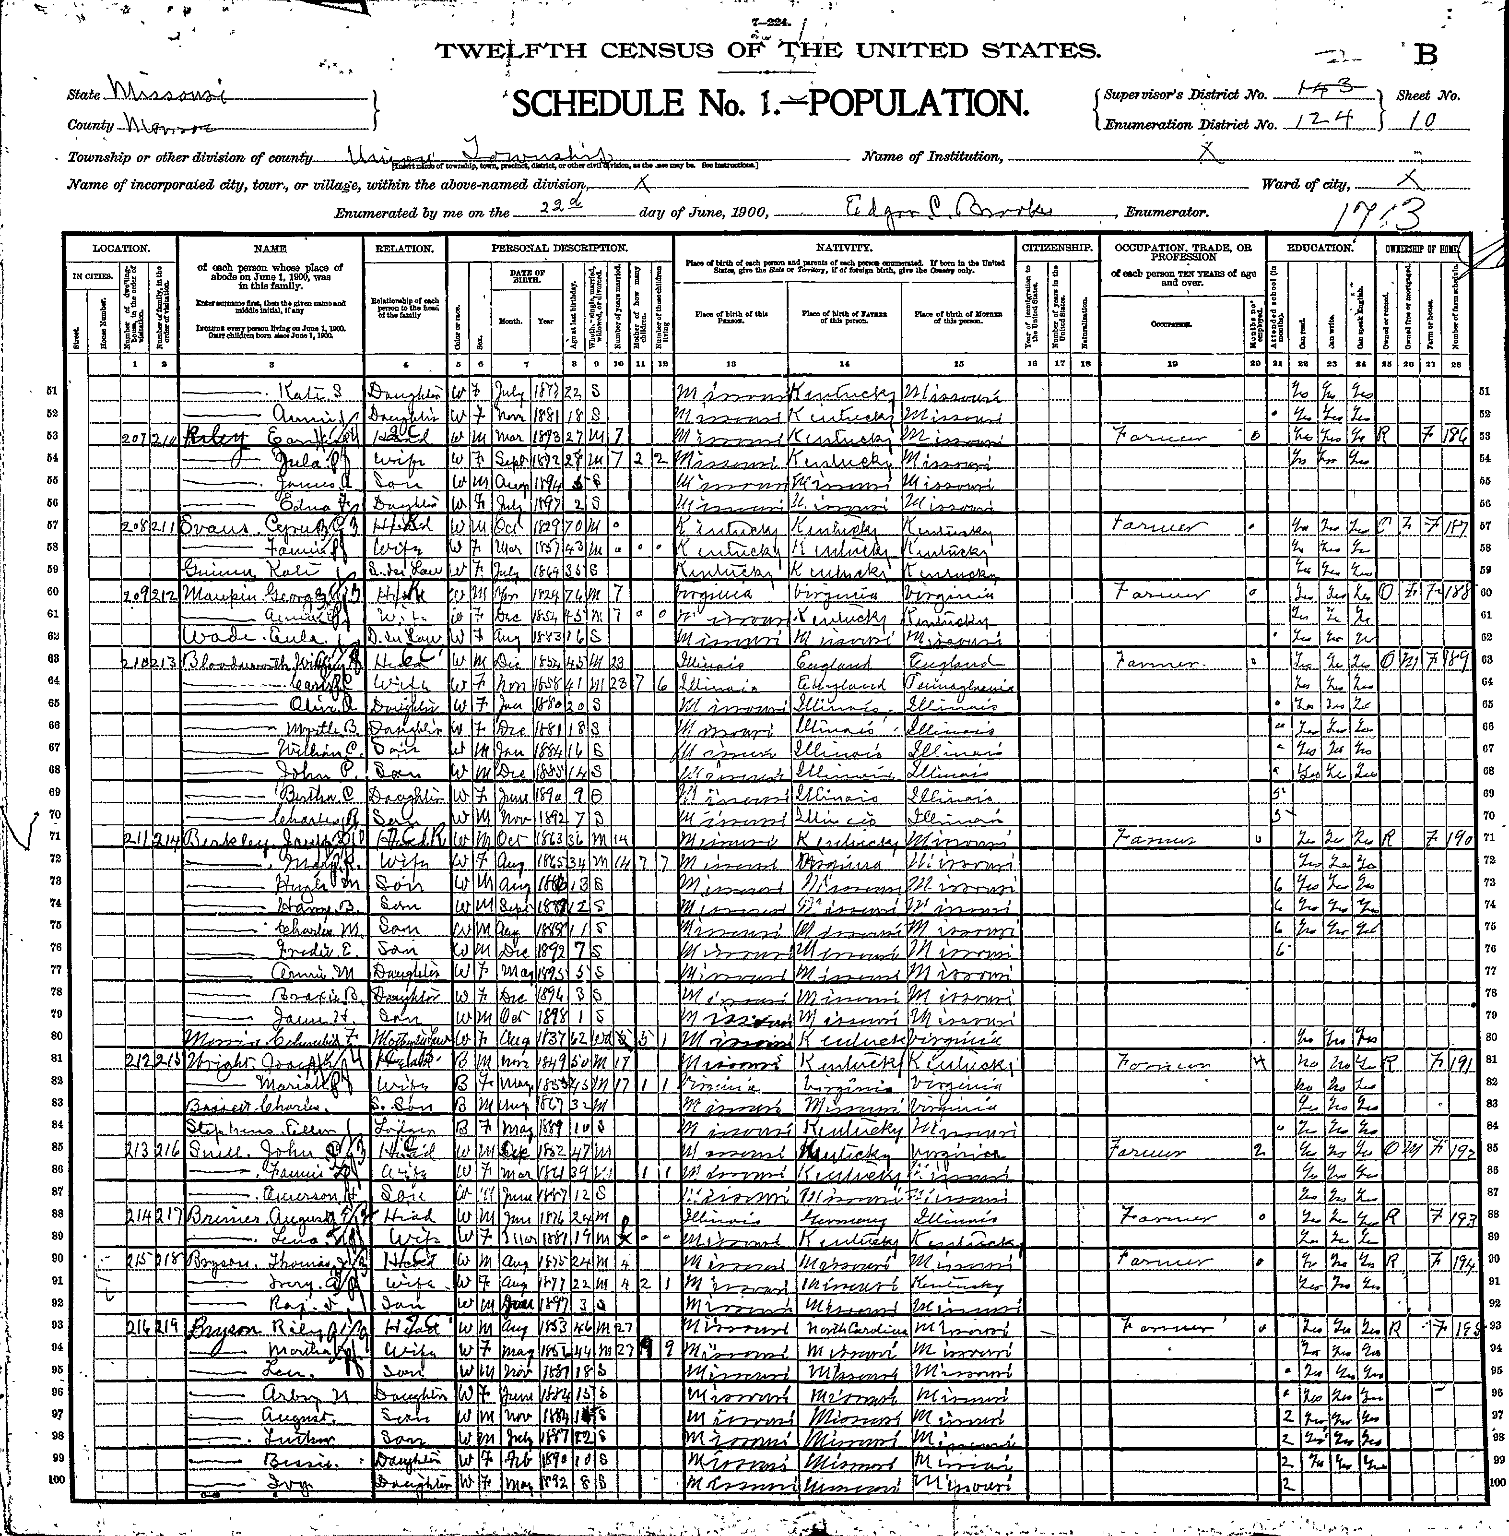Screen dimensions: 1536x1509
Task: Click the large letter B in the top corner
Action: [x=1426, y=54]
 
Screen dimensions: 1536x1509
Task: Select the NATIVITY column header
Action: [x=844, y=248]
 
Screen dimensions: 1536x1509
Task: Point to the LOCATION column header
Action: [x=120, y=248]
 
